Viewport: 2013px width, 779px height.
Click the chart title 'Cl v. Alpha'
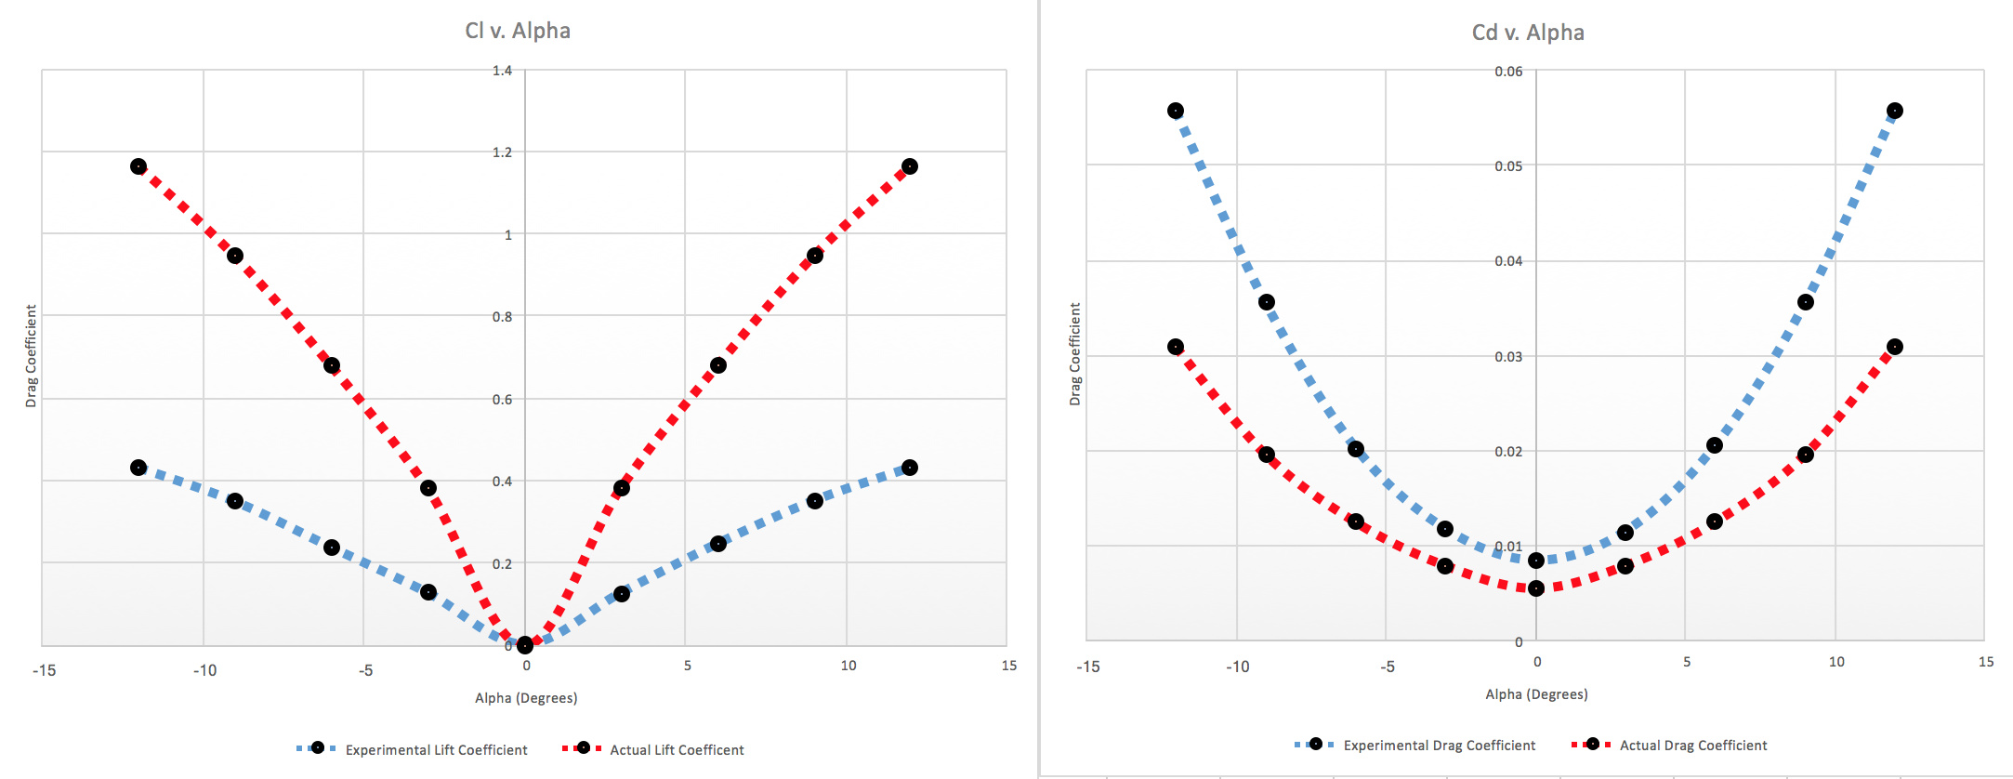pyautogui.click(x=518, y=31)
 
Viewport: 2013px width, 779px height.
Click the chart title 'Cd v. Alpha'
pyautogui.click(x=1528, y=33)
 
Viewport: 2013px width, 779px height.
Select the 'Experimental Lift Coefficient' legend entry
pyautogui.click(x=436, y=750)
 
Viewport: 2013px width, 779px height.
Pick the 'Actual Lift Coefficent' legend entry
pyautogui.click(x=677, y=750)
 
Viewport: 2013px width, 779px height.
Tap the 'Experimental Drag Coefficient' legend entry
pyautogui.click(x=1439, y=746)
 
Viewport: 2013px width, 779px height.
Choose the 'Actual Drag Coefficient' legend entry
pyautogui.click(x=1692, y=746)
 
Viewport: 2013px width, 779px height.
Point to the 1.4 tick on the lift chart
pyautogui.click(x=502, y=71)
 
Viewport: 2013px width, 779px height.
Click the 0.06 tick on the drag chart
pyautogui.click(x=1508, y=72)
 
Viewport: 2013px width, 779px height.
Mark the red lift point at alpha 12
pyautogui.click(x=910, y=166)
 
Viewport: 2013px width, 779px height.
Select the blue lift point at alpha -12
pyautogui.click(x=138, y=468)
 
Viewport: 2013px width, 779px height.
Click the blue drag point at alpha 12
pyautogui.click(x=1895, y=111)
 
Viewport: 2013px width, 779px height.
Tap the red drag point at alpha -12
pyautogui.click(x=1176, y=347)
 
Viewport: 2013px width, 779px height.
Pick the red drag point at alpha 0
pyautogui.click(x=1536, y=588)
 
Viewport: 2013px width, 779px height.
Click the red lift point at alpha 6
pyautogui.click(x=718, y=365)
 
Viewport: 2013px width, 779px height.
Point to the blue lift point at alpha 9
pyautogui.click(x=815, y=501)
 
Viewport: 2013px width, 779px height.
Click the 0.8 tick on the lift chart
pyautogui.click(x=502, y=317)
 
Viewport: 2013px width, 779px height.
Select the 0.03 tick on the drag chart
pyautogui.click(x=1508, y=357)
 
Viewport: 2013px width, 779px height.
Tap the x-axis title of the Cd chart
pyautogui.click(x=1536, y=694)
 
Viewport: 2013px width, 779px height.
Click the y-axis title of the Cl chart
pyautogui.click(x=31, y=356)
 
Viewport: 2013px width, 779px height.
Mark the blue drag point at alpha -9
pyautogui.click(x=1267, y=302)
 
